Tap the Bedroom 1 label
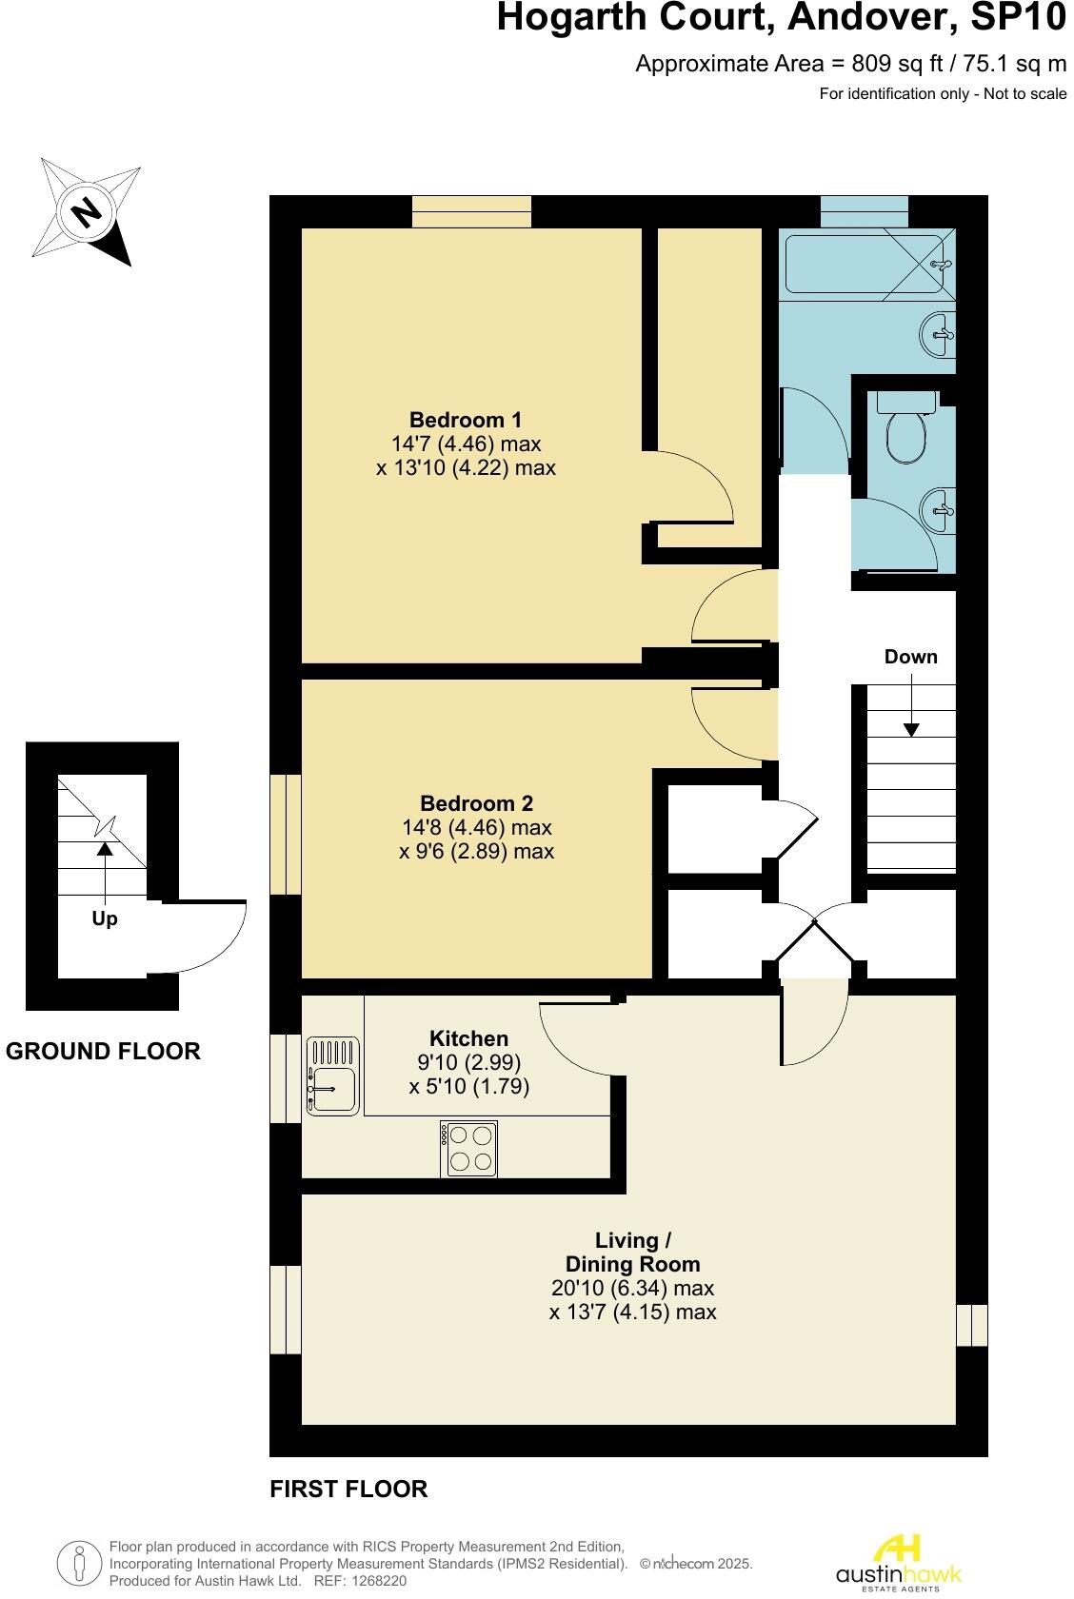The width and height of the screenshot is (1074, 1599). [466, 420]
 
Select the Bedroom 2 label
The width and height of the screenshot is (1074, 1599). [476, 803]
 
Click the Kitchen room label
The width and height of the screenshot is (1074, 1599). [468, 1038]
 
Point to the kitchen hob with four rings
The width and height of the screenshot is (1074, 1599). [469, 1149]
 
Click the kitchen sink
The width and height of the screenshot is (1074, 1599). [331, 1076]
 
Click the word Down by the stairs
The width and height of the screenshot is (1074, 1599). [910, 657]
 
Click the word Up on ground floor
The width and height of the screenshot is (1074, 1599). [105, 919]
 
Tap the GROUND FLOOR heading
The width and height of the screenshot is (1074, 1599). [103, 1052]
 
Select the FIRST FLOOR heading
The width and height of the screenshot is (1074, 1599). [348, 1490]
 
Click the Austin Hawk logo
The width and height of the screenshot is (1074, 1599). [898, 1562]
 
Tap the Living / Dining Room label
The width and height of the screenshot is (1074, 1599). [632, 1253]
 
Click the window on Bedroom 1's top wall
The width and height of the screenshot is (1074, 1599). [471, 211]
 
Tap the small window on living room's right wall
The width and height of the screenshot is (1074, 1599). [971, 1325]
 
